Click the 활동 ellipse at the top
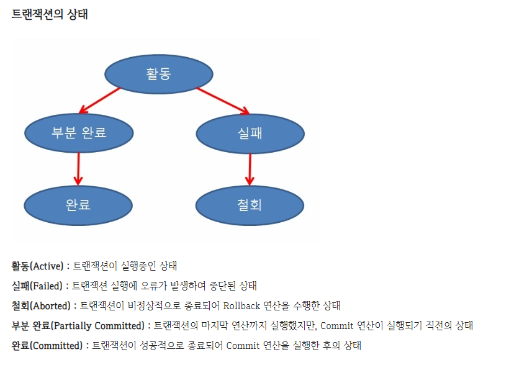[x=158, y=74]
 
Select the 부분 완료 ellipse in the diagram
[x=79, y=132]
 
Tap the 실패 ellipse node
[x=250, y=132]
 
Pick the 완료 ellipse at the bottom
[x=78, y=204]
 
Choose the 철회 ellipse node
[x=249, y=204]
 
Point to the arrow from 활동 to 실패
[x=222, y=101]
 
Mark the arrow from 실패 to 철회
[x=250, y=168]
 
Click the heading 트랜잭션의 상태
[x=50, y=14]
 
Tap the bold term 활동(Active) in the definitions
[x=37, y=266]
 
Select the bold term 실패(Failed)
[x=37, y=286]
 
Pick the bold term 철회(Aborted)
[x=41, y=306]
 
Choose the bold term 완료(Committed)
[x=46, y=346]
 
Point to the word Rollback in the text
[x=243, y=306]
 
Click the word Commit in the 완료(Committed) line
[x=243, y=346]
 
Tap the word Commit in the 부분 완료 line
[x=338, y=326]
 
